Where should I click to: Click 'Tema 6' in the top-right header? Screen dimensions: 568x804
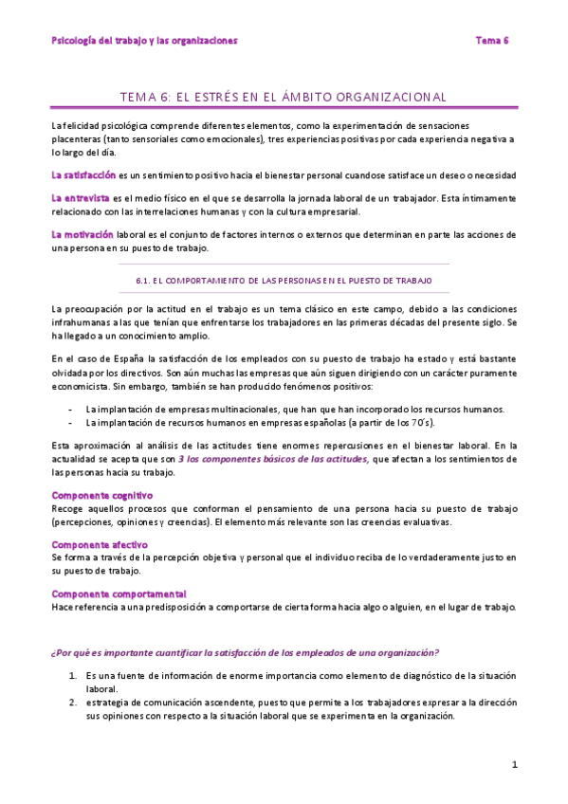[492, 41]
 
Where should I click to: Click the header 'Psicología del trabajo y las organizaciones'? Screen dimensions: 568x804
[144, 41]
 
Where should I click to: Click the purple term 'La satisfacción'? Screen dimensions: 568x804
[83, 174]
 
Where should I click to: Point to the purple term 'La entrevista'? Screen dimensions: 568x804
[80, 197]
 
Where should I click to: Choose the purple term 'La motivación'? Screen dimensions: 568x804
[82, 233]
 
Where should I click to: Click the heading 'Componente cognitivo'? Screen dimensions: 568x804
[101, 496]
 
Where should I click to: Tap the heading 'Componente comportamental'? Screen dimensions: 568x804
[119, 594]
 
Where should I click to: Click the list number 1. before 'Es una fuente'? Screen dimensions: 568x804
[73, 676]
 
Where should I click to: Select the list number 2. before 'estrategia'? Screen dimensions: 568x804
[73, 703]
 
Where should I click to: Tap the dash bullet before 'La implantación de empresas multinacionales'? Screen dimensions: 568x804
[73, 409]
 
